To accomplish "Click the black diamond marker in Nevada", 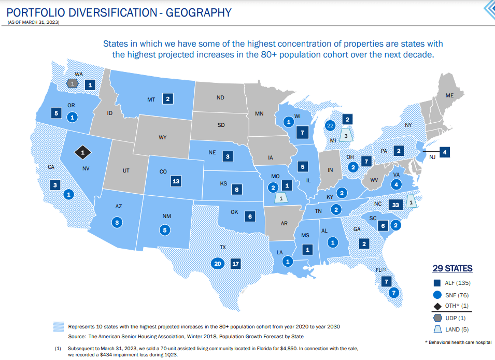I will pos(82,152).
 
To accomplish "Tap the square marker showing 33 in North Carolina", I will pos(395,204).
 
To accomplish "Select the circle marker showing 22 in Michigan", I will pos(330,125).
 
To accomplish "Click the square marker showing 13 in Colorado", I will pos(176,181).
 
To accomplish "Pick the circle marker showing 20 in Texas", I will pos(218,264).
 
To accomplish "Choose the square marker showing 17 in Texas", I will pos(236,264).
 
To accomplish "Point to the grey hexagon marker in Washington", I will pos(73,83).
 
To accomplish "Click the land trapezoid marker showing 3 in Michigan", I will pos(346,135).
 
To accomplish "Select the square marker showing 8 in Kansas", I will pos(237,190).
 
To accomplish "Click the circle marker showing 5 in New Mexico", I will pos(165,229).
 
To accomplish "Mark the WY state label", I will pos(162,137).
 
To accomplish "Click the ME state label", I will pos(449,95).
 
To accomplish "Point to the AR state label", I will pos(284,224).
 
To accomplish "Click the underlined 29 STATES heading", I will pos(452,268).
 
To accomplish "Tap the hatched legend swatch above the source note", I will pos(59,327).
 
